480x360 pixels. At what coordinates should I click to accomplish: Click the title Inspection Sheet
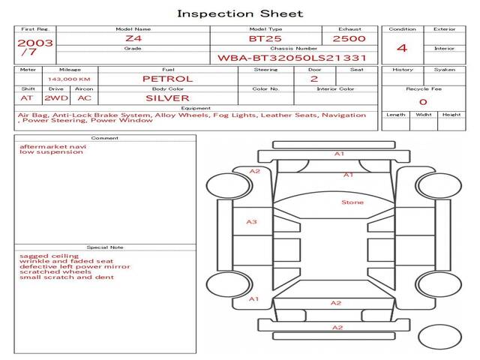click(x=240, y=13)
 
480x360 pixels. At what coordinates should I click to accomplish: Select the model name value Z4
click(x=133, y=38)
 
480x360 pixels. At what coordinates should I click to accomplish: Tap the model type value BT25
click(x=265, y=39)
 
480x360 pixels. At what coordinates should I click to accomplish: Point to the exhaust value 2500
click(x=349, y=39)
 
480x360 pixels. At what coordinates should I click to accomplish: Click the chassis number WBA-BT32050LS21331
click(x=292, y=58)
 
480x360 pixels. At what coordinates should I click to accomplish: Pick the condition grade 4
click(x=402, y=48)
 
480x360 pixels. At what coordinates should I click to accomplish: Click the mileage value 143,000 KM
click(x=69, y=79)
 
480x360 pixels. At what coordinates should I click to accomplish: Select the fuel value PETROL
click(x=168, y=79)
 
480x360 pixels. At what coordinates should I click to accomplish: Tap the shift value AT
click(x=27, y=98)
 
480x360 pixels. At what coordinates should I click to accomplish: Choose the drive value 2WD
click(x=56, y=98)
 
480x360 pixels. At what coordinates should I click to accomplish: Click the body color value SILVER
click(x=167, y=98)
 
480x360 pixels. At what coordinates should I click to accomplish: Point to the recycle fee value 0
click(x=423, y=102)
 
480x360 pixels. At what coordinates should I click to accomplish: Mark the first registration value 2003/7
click(x=35, y=47)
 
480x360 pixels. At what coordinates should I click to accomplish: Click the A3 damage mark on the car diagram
click(x=252, y=222)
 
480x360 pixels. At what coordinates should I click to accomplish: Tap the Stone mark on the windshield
click(x=352, y=202)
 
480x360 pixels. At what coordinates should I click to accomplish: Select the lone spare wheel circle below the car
click(x=440, y=337)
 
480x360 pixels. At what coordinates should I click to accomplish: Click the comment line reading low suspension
click(x=51, y=151)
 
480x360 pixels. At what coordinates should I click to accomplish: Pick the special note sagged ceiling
click(x=49, y=256)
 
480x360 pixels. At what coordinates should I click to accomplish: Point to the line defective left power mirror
click(x=75, y=267)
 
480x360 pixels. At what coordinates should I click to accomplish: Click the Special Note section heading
click(x=105, y=247)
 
